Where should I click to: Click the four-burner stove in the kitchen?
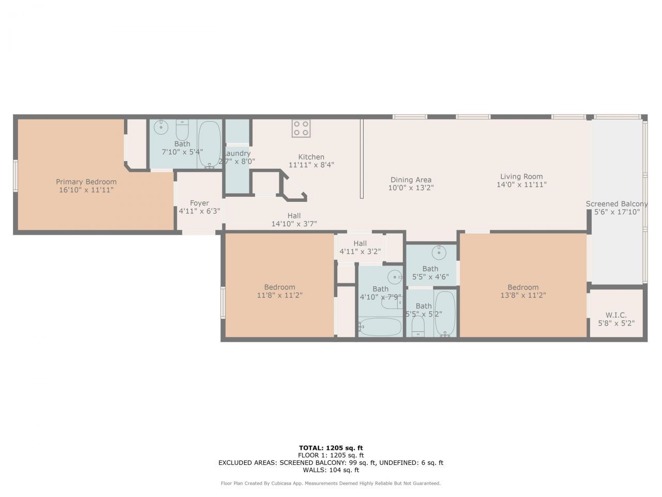tap(301, 128)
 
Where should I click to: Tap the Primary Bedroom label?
tap(86, 182)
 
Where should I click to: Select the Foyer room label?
tap(199, 203)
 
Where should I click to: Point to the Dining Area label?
tap(411, 180)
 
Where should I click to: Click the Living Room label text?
tap(521, 176)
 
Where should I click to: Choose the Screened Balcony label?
tap(616, 204)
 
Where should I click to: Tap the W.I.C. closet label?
tap(616, 315)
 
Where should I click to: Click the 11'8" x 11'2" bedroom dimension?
tap(280, 295)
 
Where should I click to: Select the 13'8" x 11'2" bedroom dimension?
tap(523, 295)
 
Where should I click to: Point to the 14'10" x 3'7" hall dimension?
tap(294, 224)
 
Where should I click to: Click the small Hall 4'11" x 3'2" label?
tap(360, 243)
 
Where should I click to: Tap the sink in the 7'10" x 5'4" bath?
tap(162, 126)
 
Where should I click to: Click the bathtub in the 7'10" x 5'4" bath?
tap(209, 144)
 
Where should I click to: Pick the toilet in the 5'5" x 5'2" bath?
tap(418, 326)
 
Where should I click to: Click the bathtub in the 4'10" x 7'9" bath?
tap(380, 327)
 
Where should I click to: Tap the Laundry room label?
tap(237, 153)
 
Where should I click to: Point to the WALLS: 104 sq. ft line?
tap(330, 470)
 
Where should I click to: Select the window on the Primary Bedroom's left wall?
tap(16, 177)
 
